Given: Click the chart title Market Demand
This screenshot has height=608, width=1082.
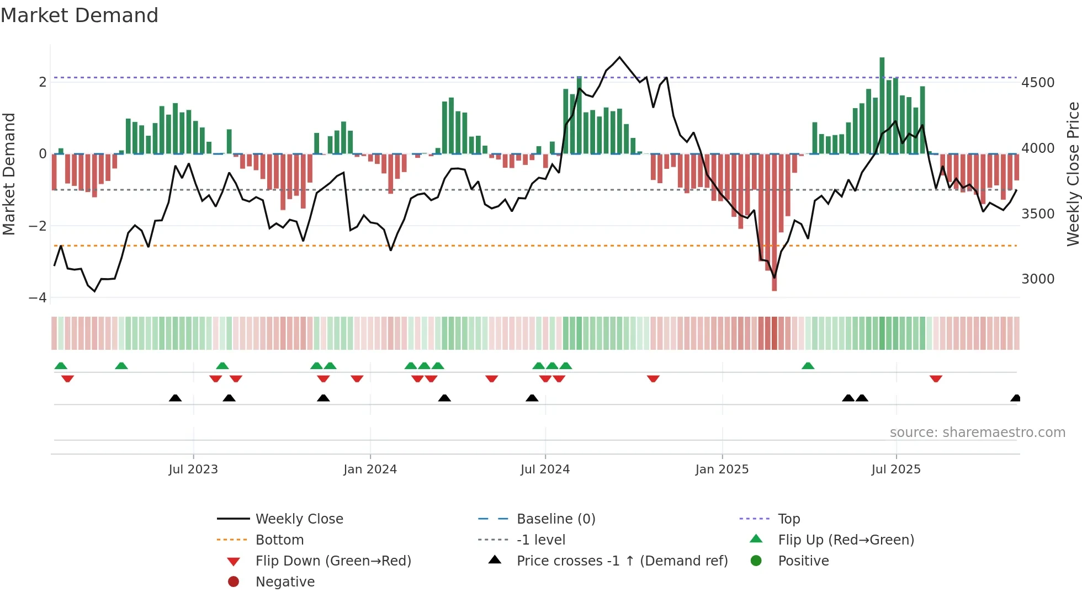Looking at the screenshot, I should (x=79, y=15).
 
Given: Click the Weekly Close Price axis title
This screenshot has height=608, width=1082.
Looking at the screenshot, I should (x=1073, y=174).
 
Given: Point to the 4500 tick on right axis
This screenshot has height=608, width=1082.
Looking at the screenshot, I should (x=1037, y=83).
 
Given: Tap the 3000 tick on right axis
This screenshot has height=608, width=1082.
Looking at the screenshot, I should (x=1037, y=279).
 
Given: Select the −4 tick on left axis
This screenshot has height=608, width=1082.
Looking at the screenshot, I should (x=38, y=298).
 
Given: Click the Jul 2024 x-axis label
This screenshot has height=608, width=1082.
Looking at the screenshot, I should (x=545, y=470).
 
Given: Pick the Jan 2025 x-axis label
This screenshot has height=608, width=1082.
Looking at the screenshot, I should (x=722, y=470).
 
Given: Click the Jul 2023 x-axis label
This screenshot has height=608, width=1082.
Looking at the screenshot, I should (x=193, y=470).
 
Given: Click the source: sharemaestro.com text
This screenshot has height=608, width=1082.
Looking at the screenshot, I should (x=977, y=433).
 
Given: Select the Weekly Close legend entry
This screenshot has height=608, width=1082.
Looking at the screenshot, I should (x=299, y=519).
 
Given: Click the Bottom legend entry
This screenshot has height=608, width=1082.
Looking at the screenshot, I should (x=279, y=540).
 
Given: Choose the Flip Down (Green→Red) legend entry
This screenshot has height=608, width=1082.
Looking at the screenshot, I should (x=333, y=561).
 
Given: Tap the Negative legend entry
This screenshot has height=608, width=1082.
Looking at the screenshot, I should (x=285, y=582).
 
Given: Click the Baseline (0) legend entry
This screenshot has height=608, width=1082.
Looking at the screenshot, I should (x=555, y=519).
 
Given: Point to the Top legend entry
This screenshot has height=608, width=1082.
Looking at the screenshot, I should (x=788, y=519).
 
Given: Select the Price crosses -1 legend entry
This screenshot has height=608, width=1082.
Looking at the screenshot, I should (x=622, y=561).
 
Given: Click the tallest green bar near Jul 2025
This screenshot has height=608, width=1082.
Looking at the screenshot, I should (x=882, y=105).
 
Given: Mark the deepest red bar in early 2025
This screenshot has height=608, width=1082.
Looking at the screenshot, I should (x=774, y=221).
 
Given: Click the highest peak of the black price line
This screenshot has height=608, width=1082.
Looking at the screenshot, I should (x=619, y=57).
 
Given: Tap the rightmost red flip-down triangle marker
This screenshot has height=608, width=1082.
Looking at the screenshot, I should (x=936, y=378).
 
